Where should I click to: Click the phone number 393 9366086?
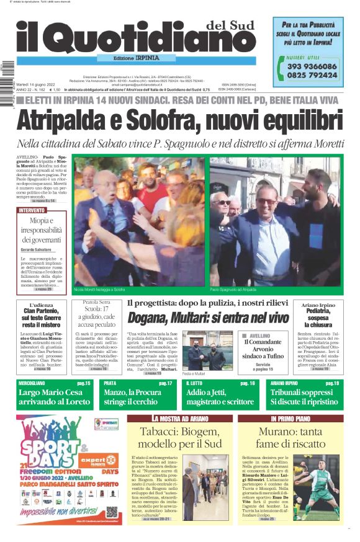point(312,66)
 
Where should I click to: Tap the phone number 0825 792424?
point(312,75)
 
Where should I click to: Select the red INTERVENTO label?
point(32,211)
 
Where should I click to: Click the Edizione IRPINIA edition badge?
point(137,58)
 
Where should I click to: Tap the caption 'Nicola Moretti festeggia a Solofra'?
point(99,289)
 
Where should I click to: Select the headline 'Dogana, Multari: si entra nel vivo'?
point(209,318)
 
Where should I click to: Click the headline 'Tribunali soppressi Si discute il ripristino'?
point(305,397)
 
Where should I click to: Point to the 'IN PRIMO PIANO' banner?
point(290,419)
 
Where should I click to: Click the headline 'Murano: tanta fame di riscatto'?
point(290,438)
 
